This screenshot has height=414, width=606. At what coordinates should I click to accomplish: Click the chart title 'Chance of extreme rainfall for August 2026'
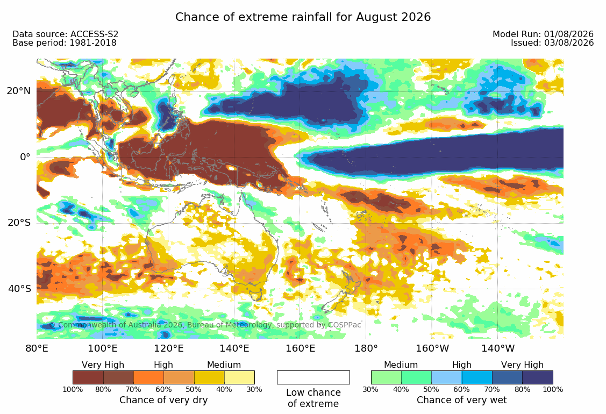tap(303, 17)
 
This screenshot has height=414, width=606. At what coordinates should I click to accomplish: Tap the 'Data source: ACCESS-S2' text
tap(65, 34)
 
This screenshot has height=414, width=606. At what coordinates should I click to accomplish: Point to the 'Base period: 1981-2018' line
tap(65, 43)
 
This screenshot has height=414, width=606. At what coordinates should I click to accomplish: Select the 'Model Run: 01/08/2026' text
tap(543, 34)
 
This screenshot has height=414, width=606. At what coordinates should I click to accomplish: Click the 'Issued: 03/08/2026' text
tap(552, 42)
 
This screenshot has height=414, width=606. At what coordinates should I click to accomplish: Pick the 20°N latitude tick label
tap(18, 91)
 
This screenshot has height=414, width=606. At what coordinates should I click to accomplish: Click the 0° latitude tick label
tap(25, 157)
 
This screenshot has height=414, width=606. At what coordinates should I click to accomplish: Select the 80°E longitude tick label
tap(37, 348)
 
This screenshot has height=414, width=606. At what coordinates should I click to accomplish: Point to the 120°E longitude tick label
tap(168, 348)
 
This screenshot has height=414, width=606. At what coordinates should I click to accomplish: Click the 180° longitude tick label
tap(366, 348)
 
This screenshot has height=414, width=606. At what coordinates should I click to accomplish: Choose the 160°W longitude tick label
tap(432, 348)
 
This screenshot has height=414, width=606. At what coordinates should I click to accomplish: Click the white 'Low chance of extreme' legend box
tap(313, 377)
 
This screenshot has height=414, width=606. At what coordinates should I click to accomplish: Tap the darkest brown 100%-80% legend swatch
tap(88, 377)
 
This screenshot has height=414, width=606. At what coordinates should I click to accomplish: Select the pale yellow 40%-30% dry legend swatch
tap(239, 377)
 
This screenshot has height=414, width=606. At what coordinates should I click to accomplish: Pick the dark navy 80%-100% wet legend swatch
tap(538, 377)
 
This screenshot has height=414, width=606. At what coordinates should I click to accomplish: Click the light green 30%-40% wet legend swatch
tap(386, 377)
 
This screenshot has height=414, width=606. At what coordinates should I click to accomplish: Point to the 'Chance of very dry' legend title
tap(163, 400)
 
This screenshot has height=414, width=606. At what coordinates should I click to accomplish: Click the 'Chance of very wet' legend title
tap(461, 400)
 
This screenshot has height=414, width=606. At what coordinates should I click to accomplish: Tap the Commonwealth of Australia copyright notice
tap(205, 325)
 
